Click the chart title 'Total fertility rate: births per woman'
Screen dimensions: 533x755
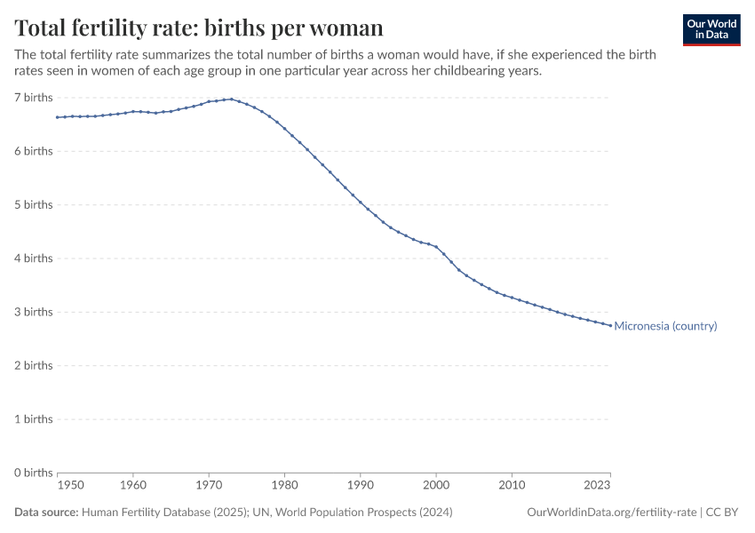199,28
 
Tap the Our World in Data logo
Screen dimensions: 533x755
711,29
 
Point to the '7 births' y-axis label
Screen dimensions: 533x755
33,97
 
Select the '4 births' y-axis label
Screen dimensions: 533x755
33,258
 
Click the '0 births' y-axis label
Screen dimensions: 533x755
33,472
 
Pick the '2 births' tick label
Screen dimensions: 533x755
33,365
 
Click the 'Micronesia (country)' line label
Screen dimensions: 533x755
665,326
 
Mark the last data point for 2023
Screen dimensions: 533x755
610,325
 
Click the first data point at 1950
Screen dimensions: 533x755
57,117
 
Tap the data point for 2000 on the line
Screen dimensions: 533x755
436,246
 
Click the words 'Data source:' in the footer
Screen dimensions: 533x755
46,512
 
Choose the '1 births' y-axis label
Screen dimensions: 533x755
33,418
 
